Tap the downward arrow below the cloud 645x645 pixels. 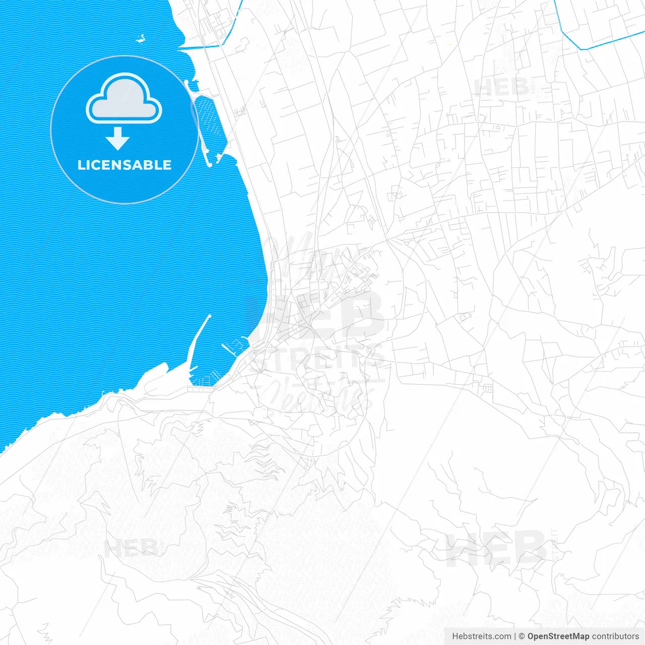pos(118,139)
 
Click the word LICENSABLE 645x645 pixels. pos(124,165)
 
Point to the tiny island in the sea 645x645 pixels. pos(141,38)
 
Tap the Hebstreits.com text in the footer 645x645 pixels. pos(481,636)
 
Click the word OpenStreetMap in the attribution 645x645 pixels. pos(558,636)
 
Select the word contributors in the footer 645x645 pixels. pos(615,636)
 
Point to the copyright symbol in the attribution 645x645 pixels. pos(522,636)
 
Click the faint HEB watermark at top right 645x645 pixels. pos(501,88)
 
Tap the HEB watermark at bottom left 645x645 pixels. pos(131,548)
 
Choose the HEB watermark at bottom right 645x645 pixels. pos(496,548)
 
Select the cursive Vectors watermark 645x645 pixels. pos(317,396)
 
